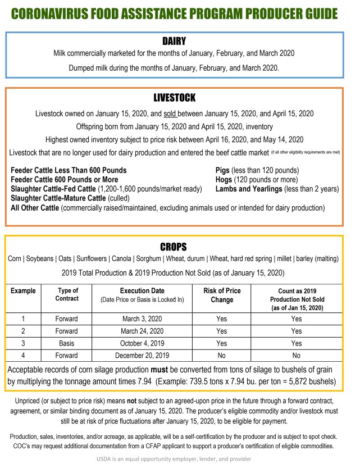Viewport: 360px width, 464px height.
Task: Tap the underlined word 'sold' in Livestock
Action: pyautogui.click(x=170, y=113)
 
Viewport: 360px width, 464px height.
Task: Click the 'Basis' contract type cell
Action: pyautogui.click(x=67, y=343)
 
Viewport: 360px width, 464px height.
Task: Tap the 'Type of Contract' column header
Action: pyautogui.click(x=67, y=295)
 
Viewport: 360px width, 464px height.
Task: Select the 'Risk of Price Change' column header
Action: pyautogui.click(x=222, y=295)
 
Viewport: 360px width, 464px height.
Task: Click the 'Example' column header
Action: pyautogui.click(x=23, y=290)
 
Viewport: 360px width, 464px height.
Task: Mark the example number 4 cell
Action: pyautogui.click(x=23, y=356)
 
